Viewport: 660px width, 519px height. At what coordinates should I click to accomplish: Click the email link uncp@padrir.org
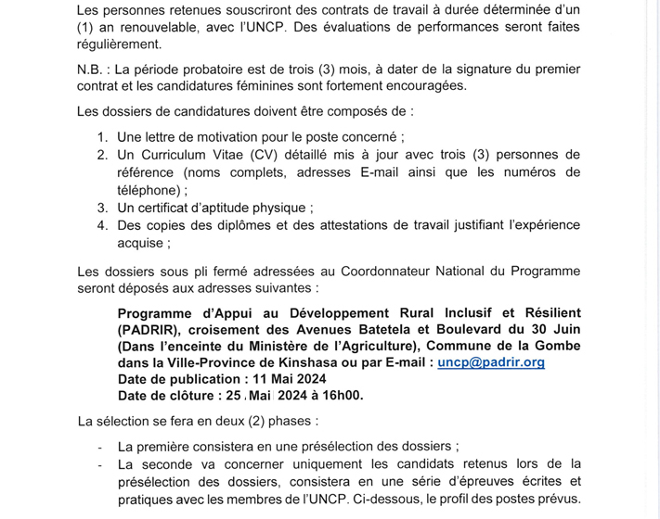tap(491, 362)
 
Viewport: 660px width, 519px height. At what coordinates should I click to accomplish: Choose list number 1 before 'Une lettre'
tap(103, 137)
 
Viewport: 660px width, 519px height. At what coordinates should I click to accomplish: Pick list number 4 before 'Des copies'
tap(103, 225)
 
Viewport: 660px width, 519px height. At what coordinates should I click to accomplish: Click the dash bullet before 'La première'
tap(99, 446)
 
